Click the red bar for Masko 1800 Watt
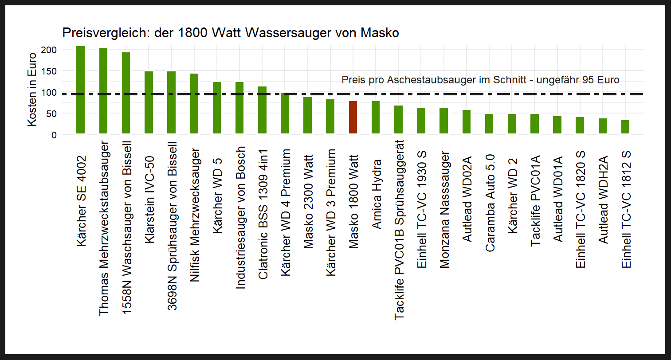point(353,117)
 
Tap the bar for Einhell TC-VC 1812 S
point(625,127)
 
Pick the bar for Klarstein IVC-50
point(149,102)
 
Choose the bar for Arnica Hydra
point(376,117)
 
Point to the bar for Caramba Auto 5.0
point(489,124)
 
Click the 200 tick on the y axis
point(49,50)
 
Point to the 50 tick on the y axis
point(51,114)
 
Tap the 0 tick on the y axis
point(54,135)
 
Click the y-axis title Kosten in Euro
point(32,90)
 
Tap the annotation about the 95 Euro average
point(480,80)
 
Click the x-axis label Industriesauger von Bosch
point(240,217)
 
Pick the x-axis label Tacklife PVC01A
point(535,200)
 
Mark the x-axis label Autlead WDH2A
point(603,200)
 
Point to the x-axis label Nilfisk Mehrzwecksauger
point(195,208)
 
